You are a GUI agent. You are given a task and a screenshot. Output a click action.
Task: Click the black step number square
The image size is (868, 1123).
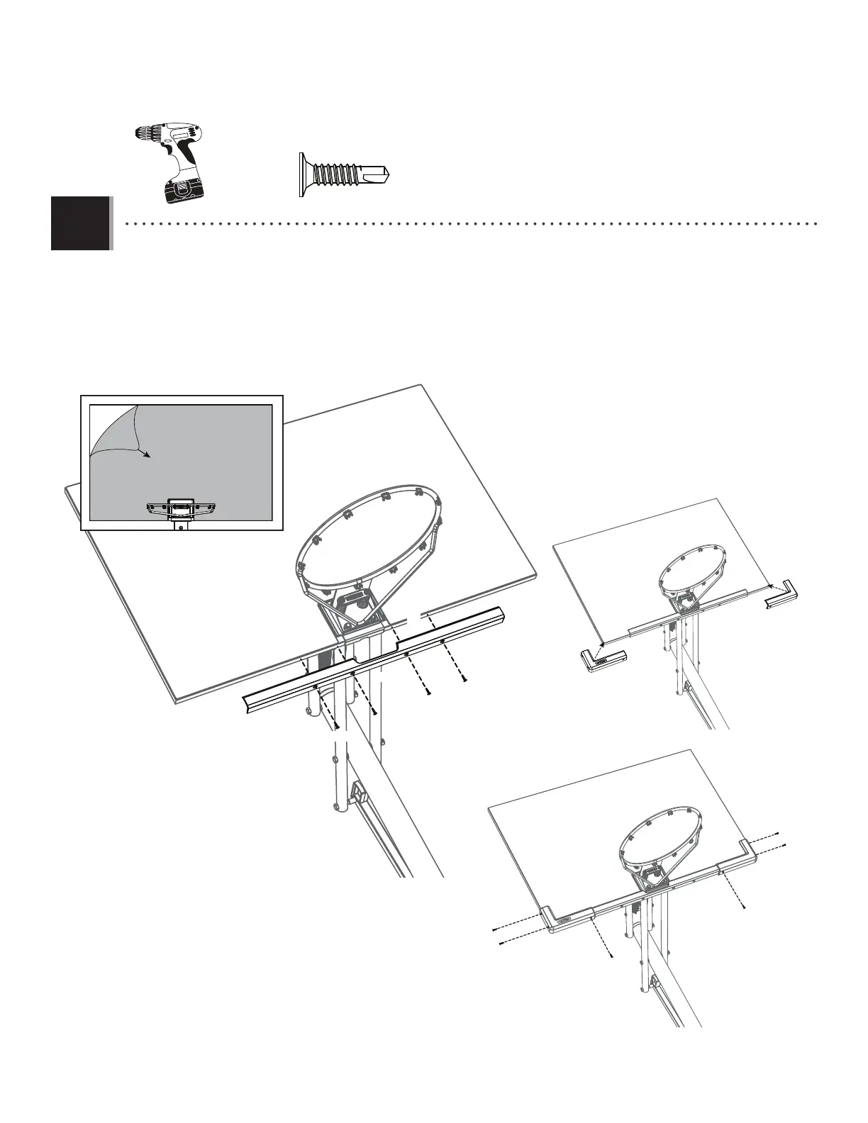coord(81,223)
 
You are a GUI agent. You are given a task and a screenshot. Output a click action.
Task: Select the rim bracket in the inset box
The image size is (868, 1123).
coord(181,506)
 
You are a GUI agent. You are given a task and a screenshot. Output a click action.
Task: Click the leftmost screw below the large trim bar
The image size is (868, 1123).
coord(338,726)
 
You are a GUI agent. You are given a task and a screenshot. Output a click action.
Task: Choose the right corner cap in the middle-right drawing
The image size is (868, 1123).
coord(782,596)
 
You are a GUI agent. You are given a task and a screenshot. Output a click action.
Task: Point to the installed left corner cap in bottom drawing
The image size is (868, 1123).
coord(566,920)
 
